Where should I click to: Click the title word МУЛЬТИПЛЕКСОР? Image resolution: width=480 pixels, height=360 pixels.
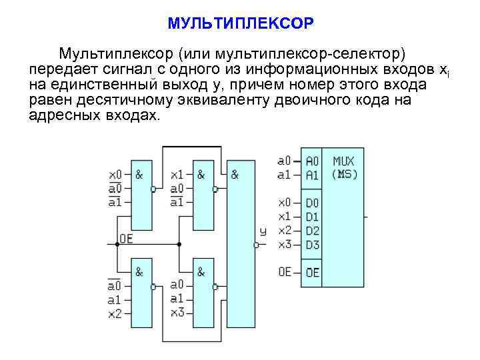pos(240,24)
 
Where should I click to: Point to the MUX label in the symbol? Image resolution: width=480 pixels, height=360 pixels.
pos(343,161)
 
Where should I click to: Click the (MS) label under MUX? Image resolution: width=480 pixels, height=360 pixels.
pos(344,175)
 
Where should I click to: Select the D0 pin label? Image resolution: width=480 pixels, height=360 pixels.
pos(312,203)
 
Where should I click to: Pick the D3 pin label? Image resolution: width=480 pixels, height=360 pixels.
pos(312,245)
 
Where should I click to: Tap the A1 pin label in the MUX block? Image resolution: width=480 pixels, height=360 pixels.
pos(312,175)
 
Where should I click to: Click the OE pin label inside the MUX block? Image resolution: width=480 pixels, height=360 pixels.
pos(312,273)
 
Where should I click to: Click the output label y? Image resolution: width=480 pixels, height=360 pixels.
pos(263,231)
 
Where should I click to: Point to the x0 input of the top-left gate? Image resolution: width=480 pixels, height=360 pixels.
pos(115,175)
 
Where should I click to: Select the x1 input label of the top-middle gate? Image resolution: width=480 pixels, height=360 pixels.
pos(177,175)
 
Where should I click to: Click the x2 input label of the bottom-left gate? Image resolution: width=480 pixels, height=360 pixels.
pos(115,313)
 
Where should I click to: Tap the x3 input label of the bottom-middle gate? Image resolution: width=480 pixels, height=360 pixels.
pos(177,313)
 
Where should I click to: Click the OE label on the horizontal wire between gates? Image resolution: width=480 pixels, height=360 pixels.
pos(126,238)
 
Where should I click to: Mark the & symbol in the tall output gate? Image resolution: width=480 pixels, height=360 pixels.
pos(235,175)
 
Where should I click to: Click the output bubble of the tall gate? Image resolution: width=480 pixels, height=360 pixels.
pos(256,245)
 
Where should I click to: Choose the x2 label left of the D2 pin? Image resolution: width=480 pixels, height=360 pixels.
pos(284,231)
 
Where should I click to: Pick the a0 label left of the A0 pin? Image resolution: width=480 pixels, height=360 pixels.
pos(284,161)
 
